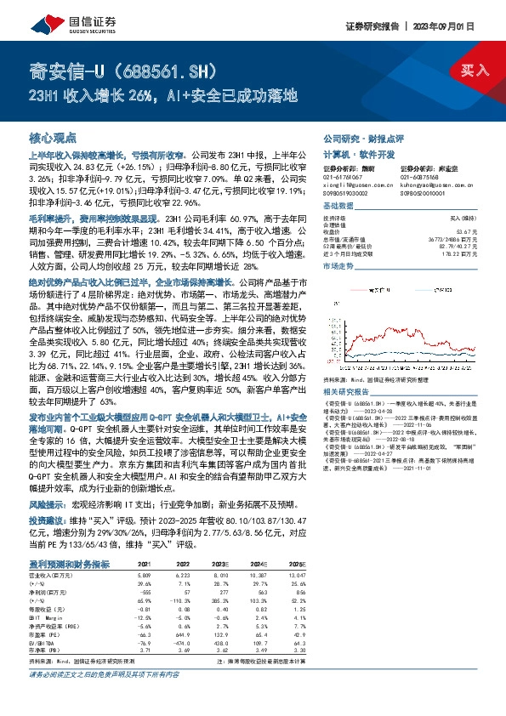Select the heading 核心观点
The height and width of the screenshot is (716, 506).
pyautogui.click(x=53, y=137)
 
